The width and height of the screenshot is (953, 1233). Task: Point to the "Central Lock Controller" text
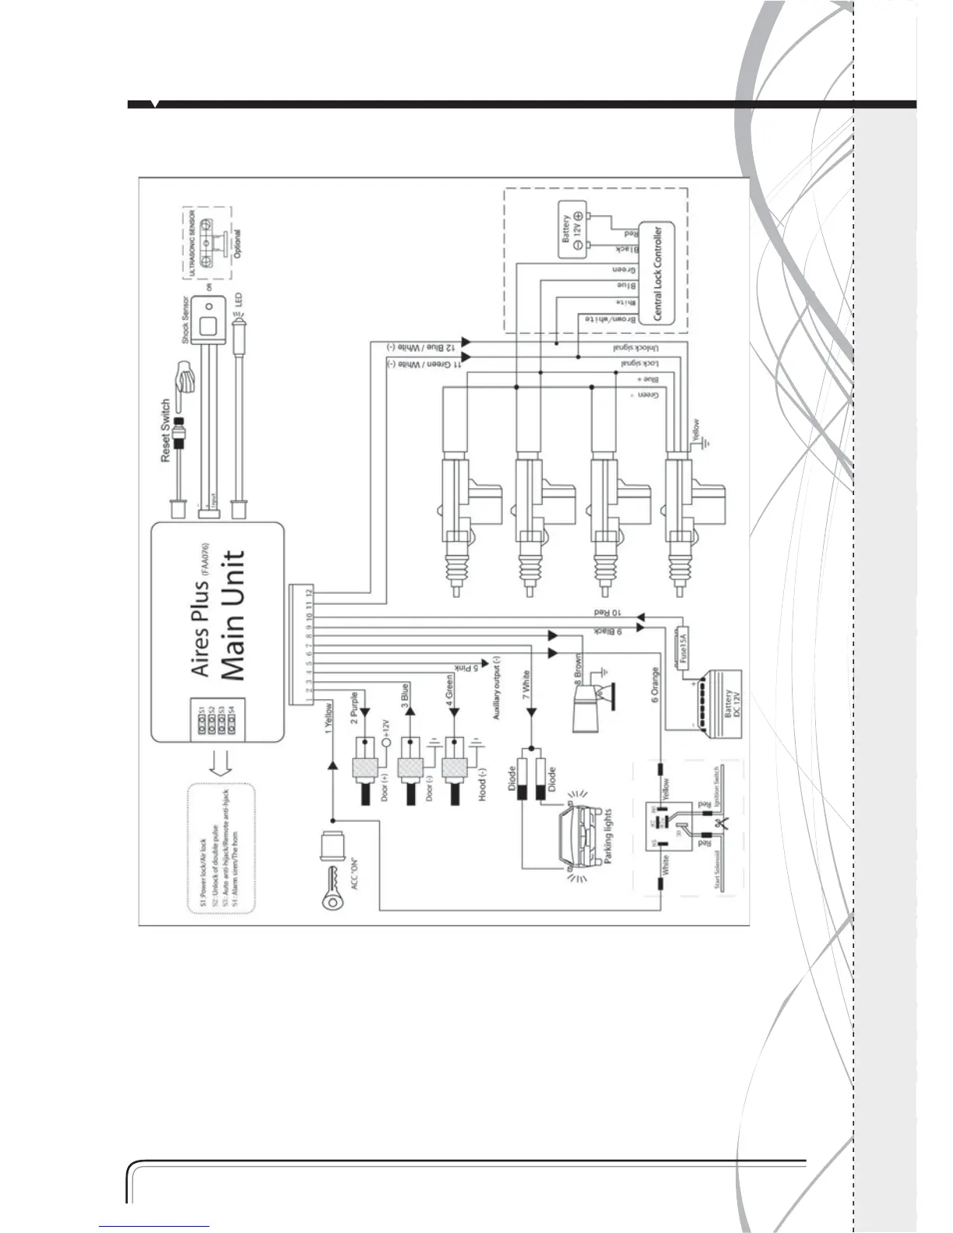click(x=658, y=273)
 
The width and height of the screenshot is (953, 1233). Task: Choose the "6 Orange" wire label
click(x=655, y=685)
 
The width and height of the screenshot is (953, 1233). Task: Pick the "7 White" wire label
click(x=528, y=686)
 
